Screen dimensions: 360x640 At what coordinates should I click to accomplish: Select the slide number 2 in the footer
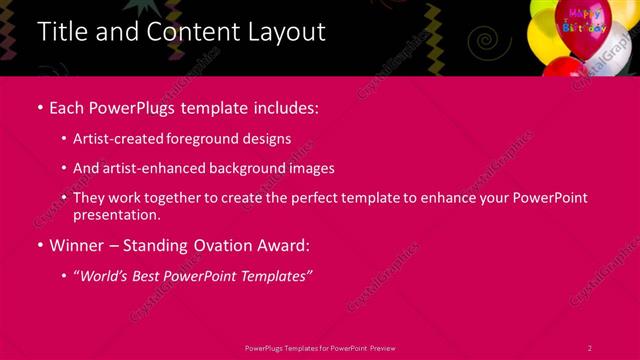point(589,347)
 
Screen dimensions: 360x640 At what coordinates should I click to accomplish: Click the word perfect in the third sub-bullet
point(312,198)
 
